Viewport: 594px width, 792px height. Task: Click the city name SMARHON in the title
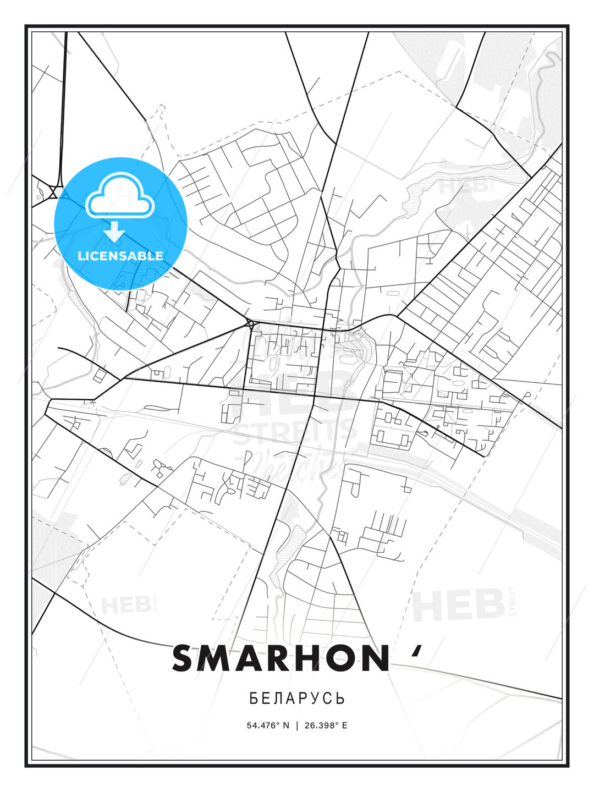280,658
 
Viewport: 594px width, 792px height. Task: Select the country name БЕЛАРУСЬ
297,698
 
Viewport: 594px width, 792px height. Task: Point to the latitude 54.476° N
268,725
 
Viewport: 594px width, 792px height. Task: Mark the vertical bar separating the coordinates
297,725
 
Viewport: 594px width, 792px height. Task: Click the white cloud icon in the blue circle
120,195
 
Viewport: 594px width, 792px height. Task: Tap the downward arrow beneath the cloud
115,232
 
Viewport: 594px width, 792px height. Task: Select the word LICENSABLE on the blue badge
120,256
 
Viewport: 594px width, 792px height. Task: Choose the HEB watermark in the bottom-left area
125,605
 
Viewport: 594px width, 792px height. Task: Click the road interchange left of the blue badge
53,192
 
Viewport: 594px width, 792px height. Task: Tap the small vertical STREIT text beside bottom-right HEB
513,602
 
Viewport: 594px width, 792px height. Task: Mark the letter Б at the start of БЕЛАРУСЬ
254,698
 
